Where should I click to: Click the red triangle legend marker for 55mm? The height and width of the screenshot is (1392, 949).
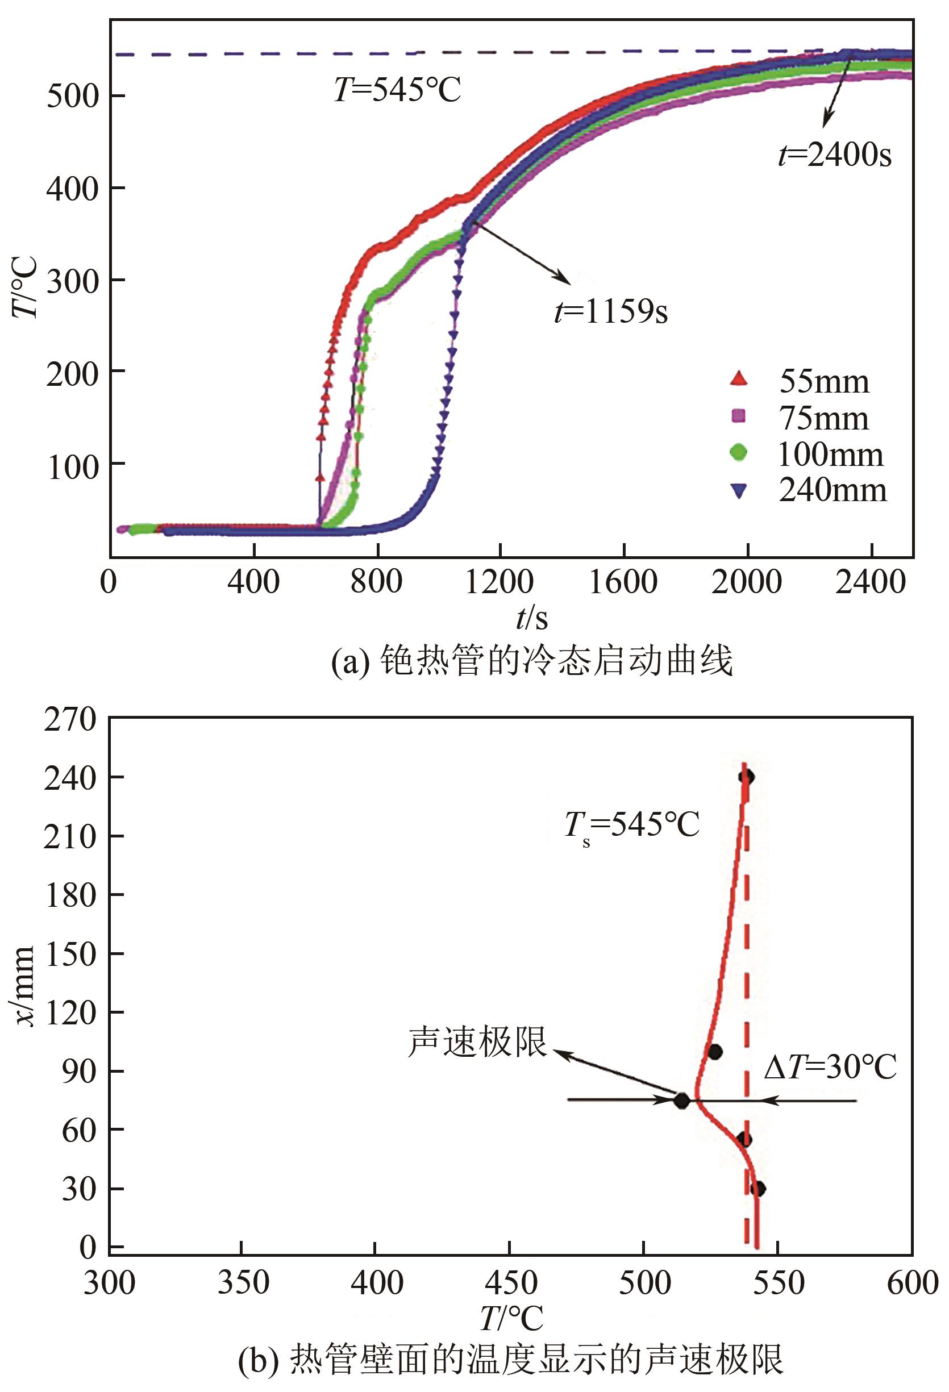pos(739,379)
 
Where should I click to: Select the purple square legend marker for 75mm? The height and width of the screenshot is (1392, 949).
pos(739,416)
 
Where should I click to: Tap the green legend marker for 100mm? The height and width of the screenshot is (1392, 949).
pos(739,452)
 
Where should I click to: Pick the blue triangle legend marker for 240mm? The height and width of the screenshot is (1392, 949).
pos(739,490)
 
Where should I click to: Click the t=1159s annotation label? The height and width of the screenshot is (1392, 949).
pos(610,311)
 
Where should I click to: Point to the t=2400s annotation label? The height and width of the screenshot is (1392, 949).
pos(835,155)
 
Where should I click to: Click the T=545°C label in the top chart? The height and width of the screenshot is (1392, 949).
pos(397,90)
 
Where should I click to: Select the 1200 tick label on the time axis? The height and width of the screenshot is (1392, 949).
pos(499,582)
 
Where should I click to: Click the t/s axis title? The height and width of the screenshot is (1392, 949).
pos(531,618)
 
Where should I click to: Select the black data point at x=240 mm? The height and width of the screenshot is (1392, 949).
pos(746,777)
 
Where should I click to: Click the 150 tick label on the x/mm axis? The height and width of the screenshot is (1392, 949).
pos(69,953)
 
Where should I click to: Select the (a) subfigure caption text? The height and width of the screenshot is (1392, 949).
pos(532,661)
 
